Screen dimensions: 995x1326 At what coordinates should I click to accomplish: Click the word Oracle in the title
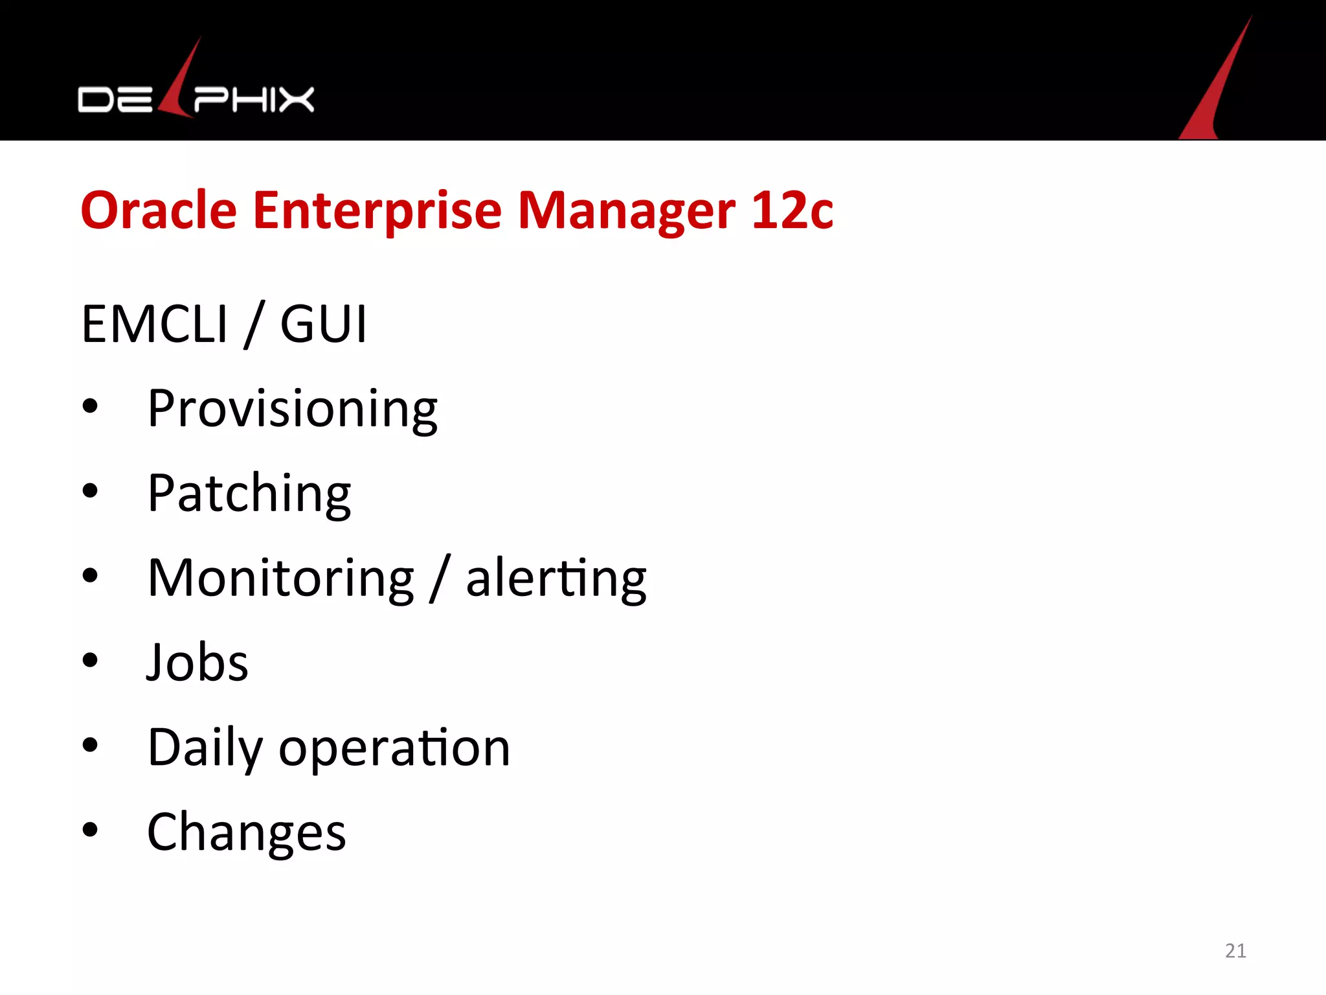click(x=159, y=211)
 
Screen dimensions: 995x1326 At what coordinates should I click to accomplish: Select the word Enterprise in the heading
click(x=377, y=212)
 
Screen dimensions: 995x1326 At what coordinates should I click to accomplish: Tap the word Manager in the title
click(x=626, y=212)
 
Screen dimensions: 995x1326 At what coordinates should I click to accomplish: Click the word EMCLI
click(x=155, y=324)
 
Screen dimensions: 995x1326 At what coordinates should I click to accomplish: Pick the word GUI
click(x=323, y=324)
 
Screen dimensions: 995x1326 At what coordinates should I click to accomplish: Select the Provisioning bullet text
click(x=292, y=409)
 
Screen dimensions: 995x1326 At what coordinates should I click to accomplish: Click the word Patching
click(x=249, y=494)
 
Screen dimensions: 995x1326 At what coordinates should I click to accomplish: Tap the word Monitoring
click(x=280, y=578)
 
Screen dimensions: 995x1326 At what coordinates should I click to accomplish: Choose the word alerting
click(x=556, y=578)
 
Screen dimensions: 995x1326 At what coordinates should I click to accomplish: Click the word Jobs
click(x=197, y=663)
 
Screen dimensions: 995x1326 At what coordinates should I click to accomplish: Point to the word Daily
click(x=205, y=748)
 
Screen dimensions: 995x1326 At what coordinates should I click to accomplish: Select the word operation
click(x=394, y=748)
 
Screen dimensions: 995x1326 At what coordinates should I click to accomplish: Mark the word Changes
click(x=247, y=832)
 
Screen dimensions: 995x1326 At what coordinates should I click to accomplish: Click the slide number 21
click(x=1235, y=950)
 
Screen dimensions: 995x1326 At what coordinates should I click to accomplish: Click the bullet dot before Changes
click(x=90, y=830)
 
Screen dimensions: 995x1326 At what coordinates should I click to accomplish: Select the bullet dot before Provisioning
click(x=90, y=406)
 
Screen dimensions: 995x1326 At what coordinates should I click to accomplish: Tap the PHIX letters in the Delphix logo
click(x=254, y=100)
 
